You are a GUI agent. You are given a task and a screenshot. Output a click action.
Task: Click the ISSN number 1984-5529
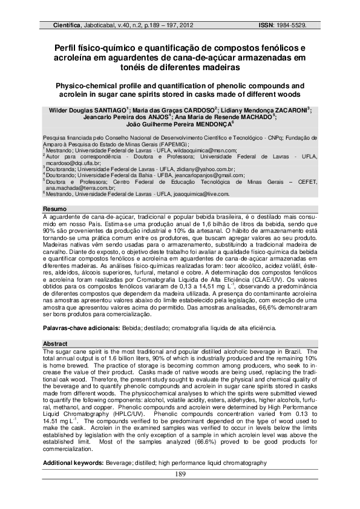tap(292, 26)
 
